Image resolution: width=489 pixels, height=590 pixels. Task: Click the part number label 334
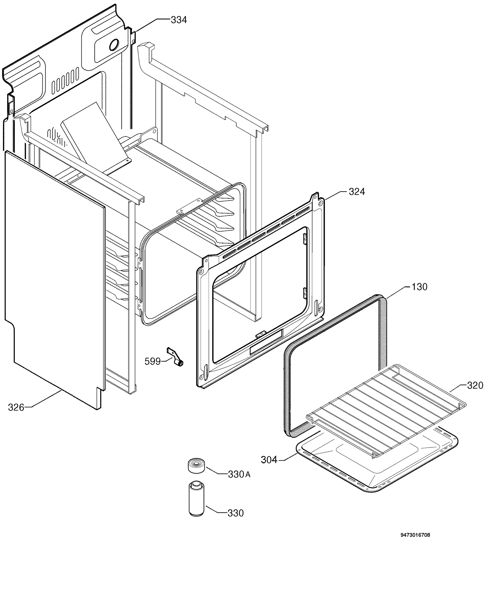pyautogui.click(x=179, y=20)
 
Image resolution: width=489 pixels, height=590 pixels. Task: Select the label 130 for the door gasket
pyautogui.click(x=419, y=287)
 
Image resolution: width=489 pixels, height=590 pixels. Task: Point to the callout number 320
pyautogui.click(x=475, y=385)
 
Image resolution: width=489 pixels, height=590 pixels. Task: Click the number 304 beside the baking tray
pyautogui.click(x=269, y=460)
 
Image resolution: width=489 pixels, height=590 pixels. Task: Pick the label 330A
pyautogui.click(x=239, y=474)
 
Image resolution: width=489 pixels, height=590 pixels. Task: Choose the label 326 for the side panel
pyautogui.click(x=16, y=407)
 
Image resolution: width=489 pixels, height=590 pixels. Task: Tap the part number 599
pyautogui.click(x=153, y=361)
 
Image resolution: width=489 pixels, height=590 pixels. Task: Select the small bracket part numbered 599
pyautogui.click(x=175, y=356)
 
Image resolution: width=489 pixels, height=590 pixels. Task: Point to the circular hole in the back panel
pyautogui.click(x=114, y=45)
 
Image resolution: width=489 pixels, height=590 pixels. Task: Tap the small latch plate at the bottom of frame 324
pyautogui.click(x=261, y=334)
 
